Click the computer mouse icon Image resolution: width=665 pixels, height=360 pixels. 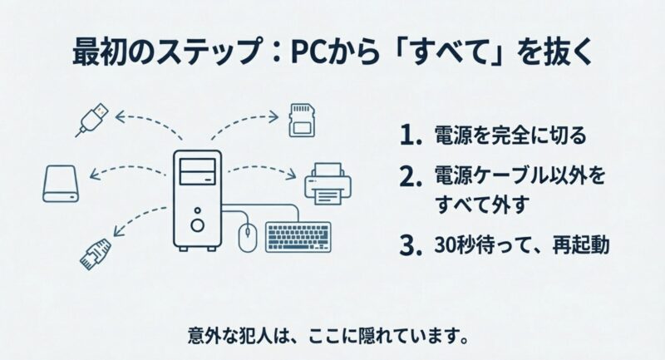coord(246,237)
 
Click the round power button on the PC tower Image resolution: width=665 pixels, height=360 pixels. coord(197,224)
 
